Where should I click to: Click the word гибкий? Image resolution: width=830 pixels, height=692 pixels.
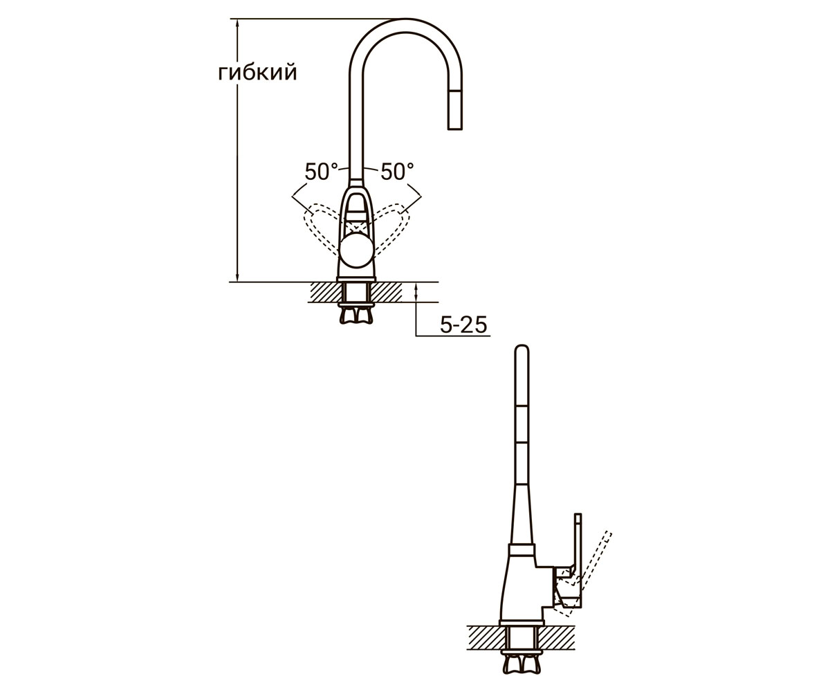tap(257, 73)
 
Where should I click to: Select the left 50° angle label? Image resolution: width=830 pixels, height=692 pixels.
tap(321, 172)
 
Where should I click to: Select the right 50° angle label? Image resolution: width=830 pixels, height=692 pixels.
tap(397, 172)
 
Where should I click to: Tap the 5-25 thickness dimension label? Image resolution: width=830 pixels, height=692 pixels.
tap(463, 325)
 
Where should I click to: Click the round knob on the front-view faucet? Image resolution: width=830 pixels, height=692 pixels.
tap(357, 250)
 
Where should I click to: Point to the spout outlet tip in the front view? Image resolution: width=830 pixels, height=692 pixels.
tap(454, 128)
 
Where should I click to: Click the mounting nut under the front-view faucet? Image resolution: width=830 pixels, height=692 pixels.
tap(357, 316)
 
